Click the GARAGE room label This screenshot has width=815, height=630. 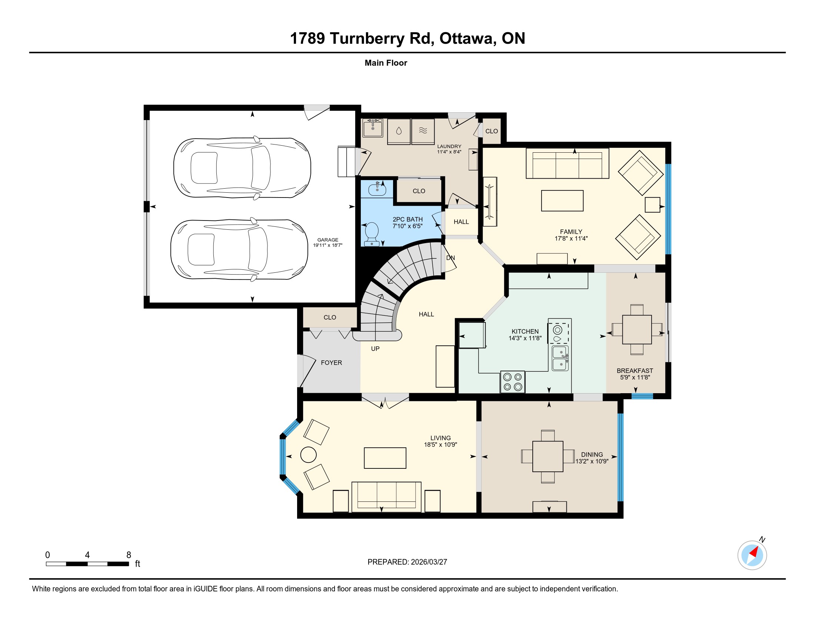pos(327,240)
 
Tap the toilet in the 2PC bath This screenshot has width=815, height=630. pos(372,234)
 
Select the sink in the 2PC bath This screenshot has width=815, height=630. pos(377,190)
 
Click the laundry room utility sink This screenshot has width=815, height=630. pos(373,128)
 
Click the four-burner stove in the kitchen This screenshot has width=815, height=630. pos(512,382)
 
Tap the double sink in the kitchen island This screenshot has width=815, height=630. pos(560,358)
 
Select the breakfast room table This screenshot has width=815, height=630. pos(636,329)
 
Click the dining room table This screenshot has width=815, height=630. pos(548,457)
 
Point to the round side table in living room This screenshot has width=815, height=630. pos(308,455)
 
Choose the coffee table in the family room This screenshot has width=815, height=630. pos(562,201)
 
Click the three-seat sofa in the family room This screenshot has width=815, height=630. pos(567,163)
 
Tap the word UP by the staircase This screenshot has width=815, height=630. pos(375,349)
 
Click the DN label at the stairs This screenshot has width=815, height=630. pos(450,258)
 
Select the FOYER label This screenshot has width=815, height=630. pos(332,363)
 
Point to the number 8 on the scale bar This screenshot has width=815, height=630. pos(129,555)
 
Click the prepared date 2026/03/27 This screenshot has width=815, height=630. pos(429,562)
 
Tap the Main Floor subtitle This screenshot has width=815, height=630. pos(386,63)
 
